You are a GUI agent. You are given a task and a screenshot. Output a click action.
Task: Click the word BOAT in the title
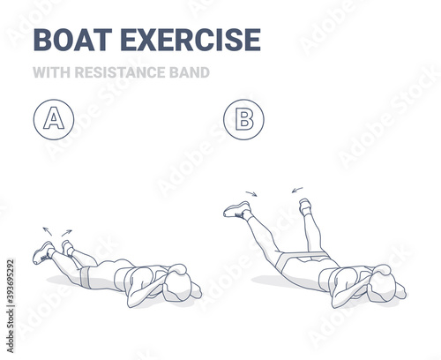pos(72,40)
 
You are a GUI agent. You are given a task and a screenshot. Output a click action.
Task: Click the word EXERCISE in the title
pos(191,40)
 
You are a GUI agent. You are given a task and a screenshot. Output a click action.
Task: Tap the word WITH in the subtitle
pos(51,72)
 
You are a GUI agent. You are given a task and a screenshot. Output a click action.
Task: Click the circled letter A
pos(54,119)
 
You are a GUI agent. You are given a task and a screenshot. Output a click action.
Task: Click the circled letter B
pos(243,119)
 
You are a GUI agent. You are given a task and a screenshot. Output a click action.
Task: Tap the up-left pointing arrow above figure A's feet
pos(47,231)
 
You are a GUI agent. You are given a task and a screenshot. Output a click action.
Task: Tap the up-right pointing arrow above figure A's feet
pos(66,233)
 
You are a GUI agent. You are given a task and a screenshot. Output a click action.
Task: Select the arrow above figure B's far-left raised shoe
pos(251,193)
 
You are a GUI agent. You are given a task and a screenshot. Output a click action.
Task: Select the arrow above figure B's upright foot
pos(297,190)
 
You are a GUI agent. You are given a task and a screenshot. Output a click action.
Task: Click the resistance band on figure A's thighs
pos(86,277)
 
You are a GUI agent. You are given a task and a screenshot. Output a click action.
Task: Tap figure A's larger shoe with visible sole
pos(43,253)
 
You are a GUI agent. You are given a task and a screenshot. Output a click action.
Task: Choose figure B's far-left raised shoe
pos(237,209)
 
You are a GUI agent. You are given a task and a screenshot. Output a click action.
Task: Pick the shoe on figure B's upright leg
pos(305,206)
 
